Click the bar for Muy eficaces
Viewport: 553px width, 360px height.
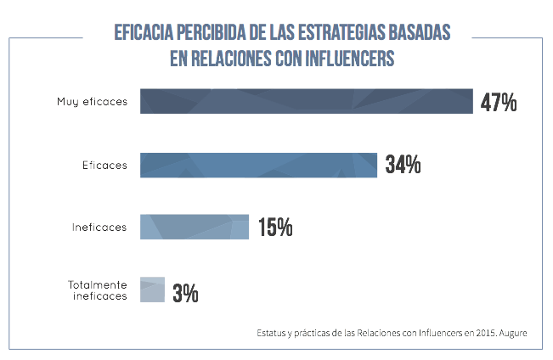(x=306, y=101)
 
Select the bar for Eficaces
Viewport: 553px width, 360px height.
(x=257, y=165)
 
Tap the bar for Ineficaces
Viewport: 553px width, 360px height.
(x=194, y=227)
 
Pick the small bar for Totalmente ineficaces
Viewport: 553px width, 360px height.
(x=151, y=290)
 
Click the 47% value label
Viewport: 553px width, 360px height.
(x=499, y=103)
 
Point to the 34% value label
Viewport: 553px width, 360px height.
(x=403, y=166)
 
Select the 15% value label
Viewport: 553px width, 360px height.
(x=274, y=228)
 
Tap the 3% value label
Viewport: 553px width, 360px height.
(x=185, y=294)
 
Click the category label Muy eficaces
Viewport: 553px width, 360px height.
(x=92, y=102)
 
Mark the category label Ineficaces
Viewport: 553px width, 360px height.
(x=99, y=227)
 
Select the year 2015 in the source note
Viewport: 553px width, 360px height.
(x=479, y=333)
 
